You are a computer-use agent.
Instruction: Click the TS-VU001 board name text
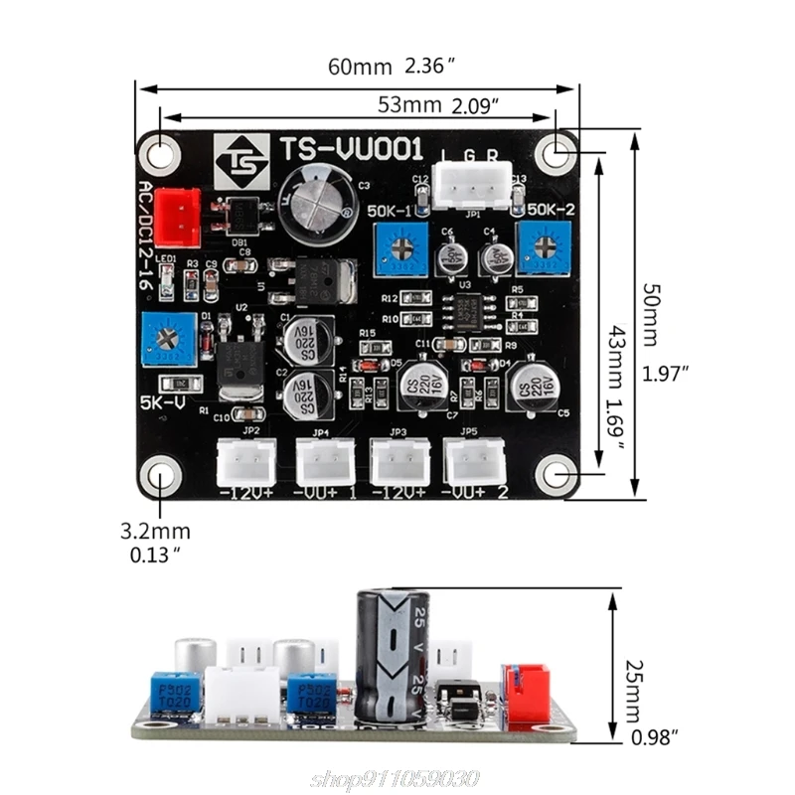point(351,150)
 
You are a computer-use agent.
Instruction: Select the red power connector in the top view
point(177,217)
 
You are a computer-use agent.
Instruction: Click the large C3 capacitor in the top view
point(317,202)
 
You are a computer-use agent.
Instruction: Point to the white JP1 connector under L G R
point(473,186)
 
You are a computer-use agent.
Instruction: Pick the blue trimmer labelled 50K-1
point(401,249)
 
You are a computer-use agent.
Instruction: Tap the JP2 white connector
point(245,461)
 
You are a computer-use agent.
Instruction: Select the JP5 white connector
point(474,461)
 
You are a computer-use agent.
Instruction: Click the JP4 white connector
point(323,461)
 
